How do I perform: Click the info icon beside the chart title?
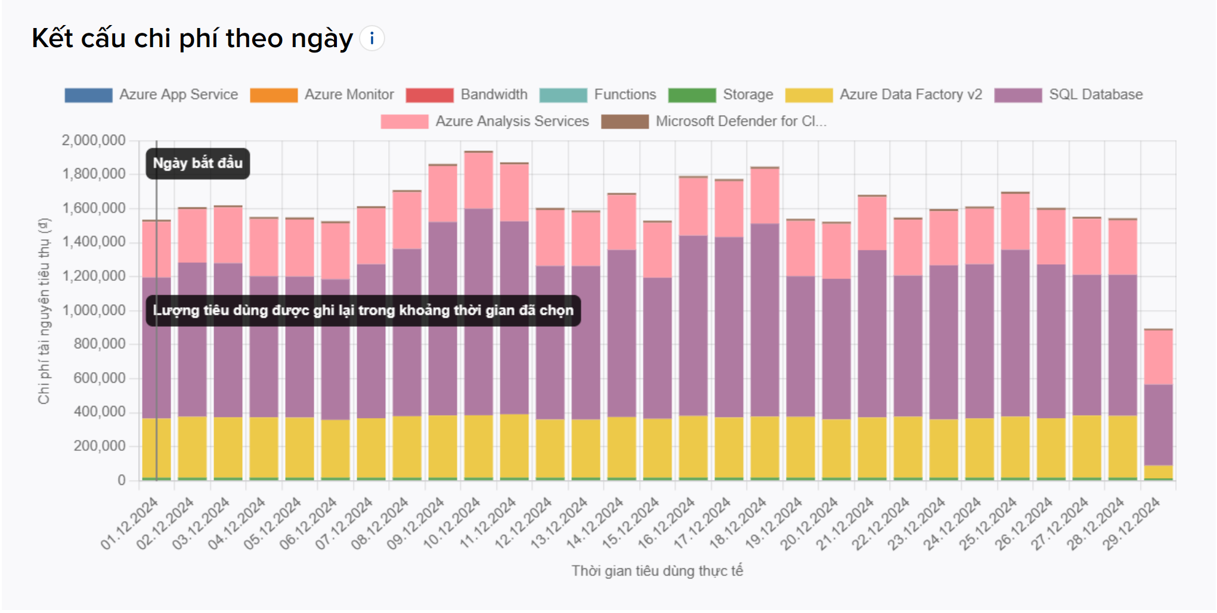tap(372, 39)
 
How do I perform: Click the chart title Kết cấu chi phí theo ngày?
tap(192, 39)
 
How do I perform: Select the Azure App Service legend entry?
tap(151, 95)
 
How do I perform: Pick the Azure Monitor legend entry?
tap(322, 95)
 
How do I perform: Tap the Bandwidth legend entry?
tap(467, 95)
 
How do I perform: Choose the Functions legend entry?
tap(598, 95)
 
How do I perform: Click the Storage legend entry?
tap(721, 95)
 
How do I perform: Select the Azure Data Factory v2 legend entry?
tap(884, 95)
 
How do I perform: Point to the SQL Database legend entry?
tap(1069, 95)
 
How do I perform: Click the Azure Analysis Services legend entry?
tap(485, 122)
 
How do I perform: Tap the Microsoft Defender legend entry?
tap(714, 122)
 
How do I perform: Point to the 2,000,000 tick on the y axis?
tap(94, 141)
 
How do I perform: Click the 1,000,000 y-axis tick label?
tap(94, 310)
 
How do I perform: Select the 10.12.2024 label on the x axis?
tap(452, 524)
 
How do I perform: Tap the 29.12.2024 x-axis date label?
tap(1132, 524)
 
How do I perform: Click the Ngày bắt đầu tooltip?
tap(198, 163)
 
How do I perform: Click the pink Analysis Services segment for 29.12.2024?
tap(1158, 357)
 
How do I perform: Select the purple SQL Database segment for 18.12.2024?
tap(764, 320)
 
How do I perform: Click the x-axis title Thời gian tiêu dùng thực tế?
tap(657, 571)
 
